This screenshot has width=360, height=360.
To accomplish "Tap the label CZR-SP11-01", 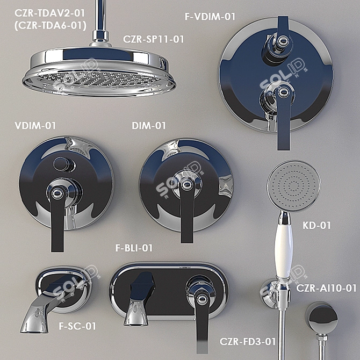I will point(153,39).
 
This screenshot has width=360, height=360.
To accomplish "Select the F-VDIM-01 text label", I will point(210,17).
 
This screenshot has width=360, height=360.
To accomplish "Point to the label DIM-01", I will point(149,126).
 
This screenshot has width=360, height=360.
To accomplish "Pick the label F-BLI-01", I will point(134,248).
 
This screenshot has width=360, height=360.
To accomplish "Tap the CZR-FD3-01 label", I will point(248,341).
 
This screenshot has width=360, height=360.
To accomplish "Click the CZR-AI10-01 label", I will point(326,288).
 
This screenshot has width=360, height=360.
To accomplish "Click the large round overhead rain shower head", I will point(99,73).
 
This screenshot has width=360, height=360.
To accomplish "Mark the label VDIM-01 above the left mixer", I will point(35,126).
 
